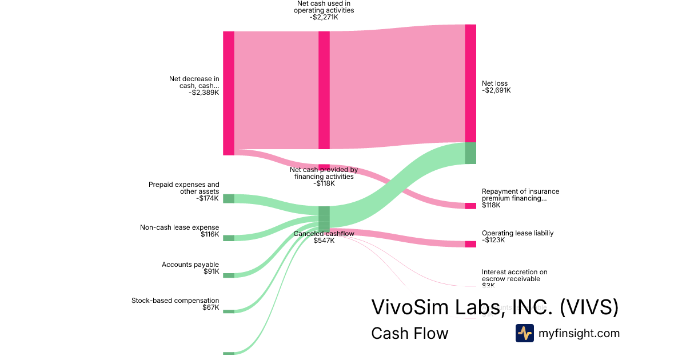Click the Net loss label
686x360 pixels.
tap(494, 83)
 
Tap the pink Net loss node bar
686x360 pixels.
tap(470, 83)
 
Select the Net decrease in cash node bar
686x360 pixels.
tap(229, 93)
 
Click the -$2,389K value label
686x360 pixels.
tap(204, 93)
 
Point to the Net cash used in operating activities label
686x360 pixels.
tap(324, 7)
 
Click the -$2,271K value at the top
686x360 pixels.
tap(324, 17)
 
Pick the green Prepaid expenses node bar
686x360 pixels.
tap(229, 198)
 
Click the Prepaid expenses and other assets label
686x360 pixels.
tap(184, 188)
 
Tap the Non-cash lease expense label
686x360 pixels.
tap(180, 227)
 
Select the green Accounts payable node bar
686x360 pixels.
tap(229, 275)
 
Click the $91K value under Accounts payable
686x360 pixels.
tap(211, 271)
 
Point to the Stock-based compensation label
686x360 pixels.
tap(175, 301)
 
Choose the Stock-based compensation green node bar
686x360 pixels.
tap(229, 311)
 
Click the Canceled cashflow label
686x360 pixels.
tap(324, 234)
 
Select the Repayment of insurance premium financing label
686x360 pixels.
tap(520, 195)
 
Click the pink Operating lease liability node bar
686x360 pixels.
tap(470, 244)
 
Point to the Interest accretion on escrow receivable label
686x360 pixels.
tap(514, 275)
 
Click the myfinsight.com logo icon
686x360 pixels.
tap(524, 333)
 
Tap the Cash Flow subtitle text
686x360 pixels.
tap(409, 333)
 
